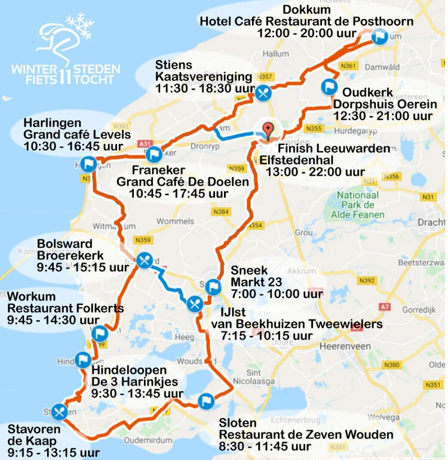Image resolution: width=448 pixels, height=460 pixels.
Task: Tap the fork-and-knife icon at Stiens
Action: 263,92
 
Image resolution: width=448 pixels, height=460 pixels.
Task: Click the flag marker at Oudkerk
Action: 328,87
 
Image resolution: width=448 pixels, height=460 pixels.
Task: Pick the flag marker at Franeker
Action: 154,155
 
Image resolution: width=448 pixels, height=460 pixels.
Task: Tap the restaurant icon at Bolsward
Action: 144,261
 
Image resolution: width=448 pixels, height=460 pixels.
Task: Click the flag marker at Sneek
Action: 213,288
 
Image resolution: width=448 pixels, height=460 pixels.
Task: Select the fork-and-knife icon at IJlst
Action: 194,303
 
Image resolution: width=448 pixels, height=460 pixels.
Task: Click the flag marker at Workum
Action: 100,333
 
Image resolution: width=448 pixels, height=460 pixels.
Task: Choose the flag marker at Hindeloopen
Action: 83,360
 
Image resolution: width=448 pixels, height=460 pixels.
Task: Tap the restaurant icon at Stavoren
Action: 59,411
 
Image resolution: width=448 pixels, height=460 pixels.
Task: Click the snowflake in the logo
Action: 79,26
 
